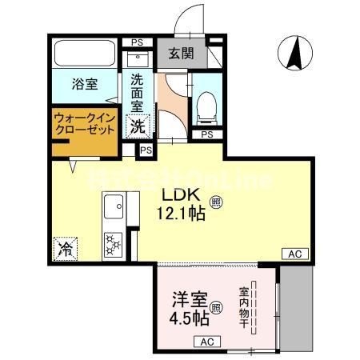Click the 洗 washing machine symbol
138,125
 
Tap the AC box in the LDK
294,254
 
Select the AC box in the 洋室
206,342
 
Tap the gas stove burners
113,242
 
